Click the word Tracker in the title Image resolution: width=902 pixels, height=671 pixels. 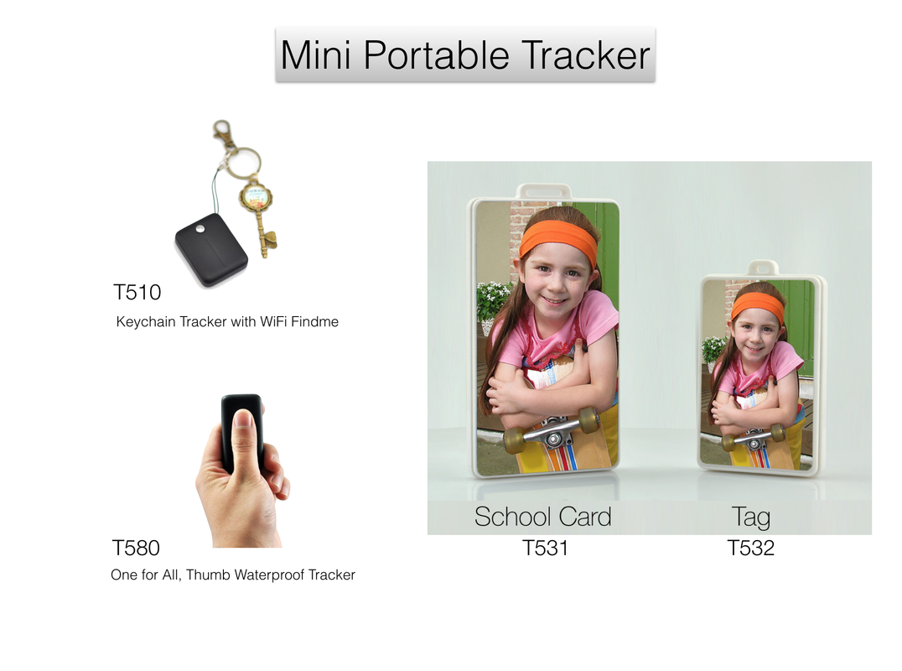click(586, 56)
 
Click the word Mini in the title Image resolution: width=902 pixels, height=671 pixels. click(315, 56)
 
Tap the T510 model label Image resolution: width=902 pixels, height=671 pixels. click(137, 293)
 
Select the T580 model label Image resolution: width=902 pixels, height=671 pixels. click(136, 548)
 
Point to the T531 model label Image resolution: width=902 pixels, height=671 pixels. click(545, 548)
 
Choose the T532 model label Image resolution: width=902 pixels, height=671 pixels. click(751, 548)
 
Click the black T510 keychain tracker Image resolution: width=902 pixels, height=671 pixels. click(211, 250)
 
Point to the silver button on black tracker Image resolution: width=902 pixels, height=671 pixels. click(200, 229)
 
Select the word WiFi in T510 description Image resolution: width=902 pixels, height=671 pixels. click(273, 322)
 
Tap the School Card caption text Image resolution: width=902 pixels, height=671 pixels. click(542, 517)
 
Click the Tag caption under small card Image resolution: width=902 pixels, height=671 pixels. click(751, 518)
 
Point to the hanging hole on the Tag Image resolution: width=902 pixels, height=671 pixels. click(763, 268)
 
